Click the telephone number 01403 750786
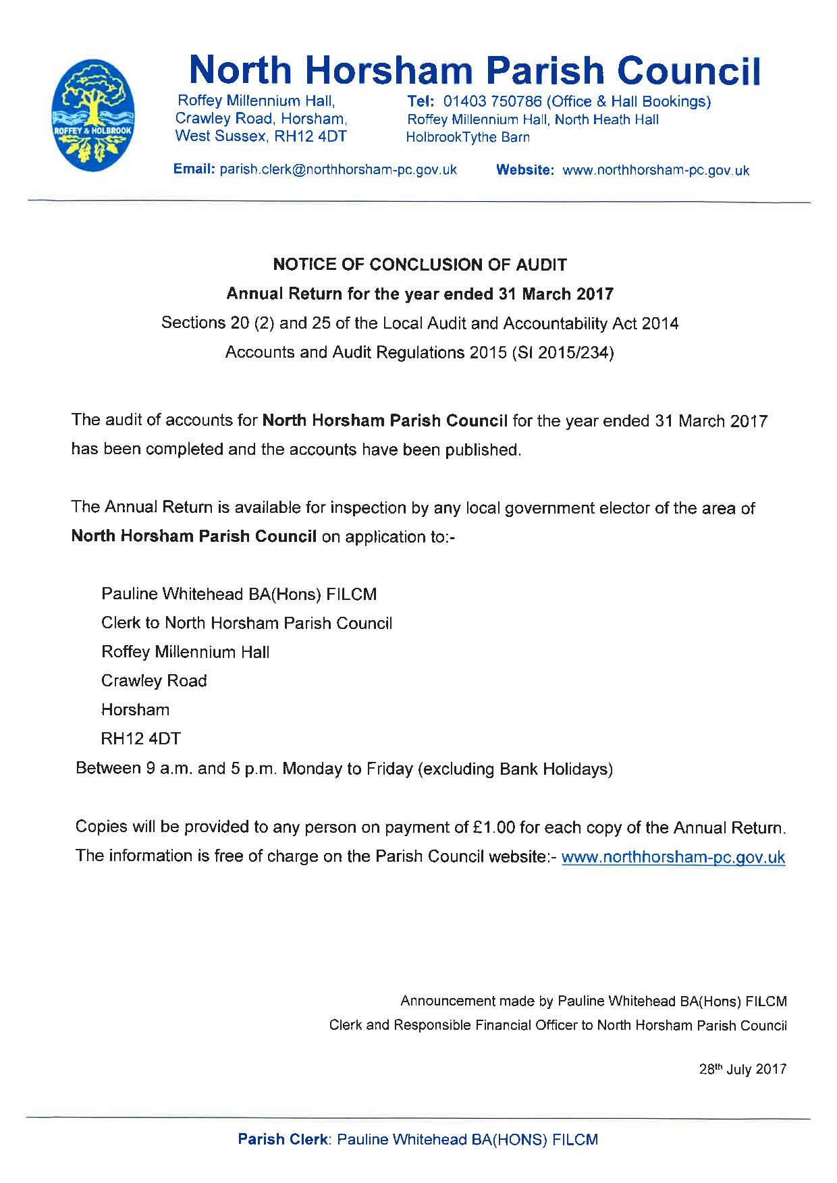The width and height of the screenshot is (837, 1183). coord(492,102)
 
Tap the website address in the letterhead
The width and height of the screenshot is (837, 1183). coord(655,171)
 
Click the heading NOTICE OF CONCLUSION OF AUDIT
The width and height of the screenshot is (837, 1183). coord(419,265)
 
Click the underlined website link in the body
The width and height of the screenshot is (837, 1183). coord(673,857)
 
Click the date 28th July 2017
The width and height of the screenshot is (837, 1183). coord(742,1070)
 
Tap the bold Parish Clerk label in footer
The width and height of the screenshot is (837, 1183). coord(282,1140)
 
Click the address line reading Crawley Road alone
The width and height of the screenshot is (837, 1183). coord(154,681)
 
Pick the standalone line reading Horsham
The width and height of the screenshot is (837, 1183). coord(135,710)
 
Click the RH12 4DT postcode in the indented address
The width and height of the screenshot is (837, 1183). coord(141,739)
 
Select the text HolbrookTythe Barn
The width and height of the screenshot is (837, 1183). coord(467,138)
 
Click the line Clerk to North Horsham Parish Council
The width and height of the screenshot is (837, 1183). coord(246,623)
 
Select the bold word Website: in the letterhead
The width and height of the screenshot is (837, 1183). coord(525,171)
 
